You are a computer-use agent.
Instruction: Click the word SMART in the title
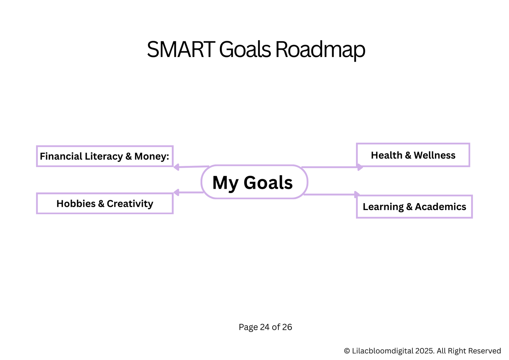click(x=181, y=49)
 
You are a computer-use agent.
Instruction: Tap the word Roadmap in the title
click(x=320, y=50)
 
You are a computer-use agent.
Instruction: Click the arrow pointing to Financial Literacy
click(x=191, y=167)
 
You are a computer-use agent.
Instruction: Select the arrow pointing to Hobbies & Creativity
click(x=188, y=192)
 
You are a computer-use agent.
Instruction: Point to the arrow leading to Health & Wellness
click(x=332, y=167)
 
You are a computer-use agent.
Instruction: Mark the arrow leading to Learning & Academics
click(x=332, y=194)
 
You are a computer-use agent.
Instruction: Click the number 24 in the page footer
click(x=265, y=327)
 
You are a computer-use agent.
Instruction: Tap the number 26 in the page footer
click(x=287, y=327)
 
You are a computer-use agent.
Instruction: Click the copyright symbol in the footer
click(x=347, y=351)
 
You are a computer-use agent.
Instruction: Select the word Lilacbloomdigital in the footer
click(x=383, y=351)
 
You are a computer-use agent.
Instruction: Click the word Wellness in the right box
click(x=435, y=155)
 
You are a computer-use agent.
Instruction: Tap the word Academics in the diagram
click(x=441, y=207)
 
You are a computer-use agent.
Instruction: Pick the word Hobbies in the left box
click(x=76, y=203)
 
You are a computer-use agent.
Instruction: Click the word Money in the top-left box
click(x=151, y=156)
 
